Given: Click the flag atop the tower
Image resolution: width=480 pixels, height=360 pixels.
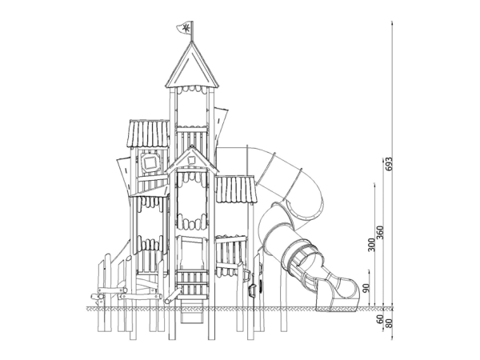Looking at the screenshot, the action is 185,27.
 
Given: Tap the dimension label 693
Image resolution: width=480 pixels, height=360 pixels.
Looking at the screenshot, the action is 388,164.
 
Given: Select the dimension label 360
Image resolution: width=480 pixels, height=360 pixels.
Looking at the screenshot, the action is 379,234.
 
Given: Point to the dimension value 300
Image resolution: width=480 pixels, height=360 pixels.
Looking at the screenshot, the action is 371,245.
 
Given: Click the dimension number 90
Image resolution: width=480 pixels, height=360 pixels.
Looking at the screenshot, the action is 366,288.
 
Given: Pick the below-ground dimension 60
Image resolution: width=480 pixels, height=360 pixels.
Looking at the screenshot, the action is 379,319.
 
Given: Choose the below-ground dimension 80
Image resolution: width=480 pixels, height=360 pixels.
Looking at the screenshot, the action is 388,323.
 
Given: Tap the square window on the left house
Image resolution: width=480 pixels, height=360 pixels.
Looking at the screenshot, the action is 150,162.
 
